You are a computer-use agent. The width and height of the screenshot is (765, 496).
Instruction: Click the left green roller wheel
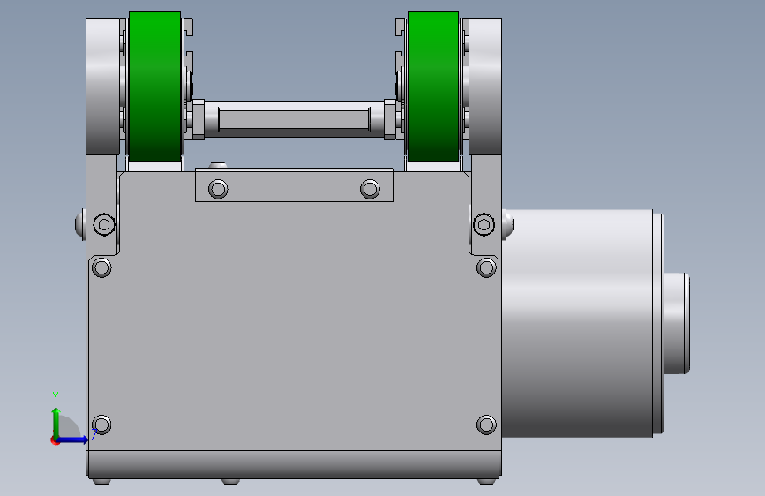pyautogui.click(x=154, y=86)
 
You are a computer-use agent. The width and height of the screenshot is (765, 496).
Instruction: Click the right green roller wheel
pyautogui.click(x=433, y=86)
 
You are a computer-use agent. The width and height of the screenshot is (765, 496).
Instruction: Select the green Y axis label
pyautogui.click(x=56, y=397)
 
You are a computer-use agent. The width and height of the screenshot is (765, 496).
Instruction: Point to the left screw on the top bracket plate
pyautogui.click(x=218, y=189)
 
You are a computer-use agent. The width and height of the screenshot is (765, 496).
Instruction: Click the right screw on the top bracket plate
pyautogui.click(x=370, y=189)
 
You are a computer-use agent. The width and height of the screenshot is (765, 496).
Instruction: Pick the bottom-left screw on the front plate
pyautogui.click(x=101, y=425)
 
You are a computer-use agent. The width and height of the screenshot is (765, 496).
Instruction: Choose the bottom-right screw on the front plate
pyautogui.click(x=486, y=425)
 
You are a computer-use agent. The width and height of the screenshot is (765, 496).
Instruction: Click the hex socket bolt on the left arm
pyautogui.click(x=104, y=224)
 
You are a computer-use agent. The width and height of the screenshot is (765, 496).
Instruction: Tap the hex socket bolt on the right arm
pyautogui.click(x=484, y=224)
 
